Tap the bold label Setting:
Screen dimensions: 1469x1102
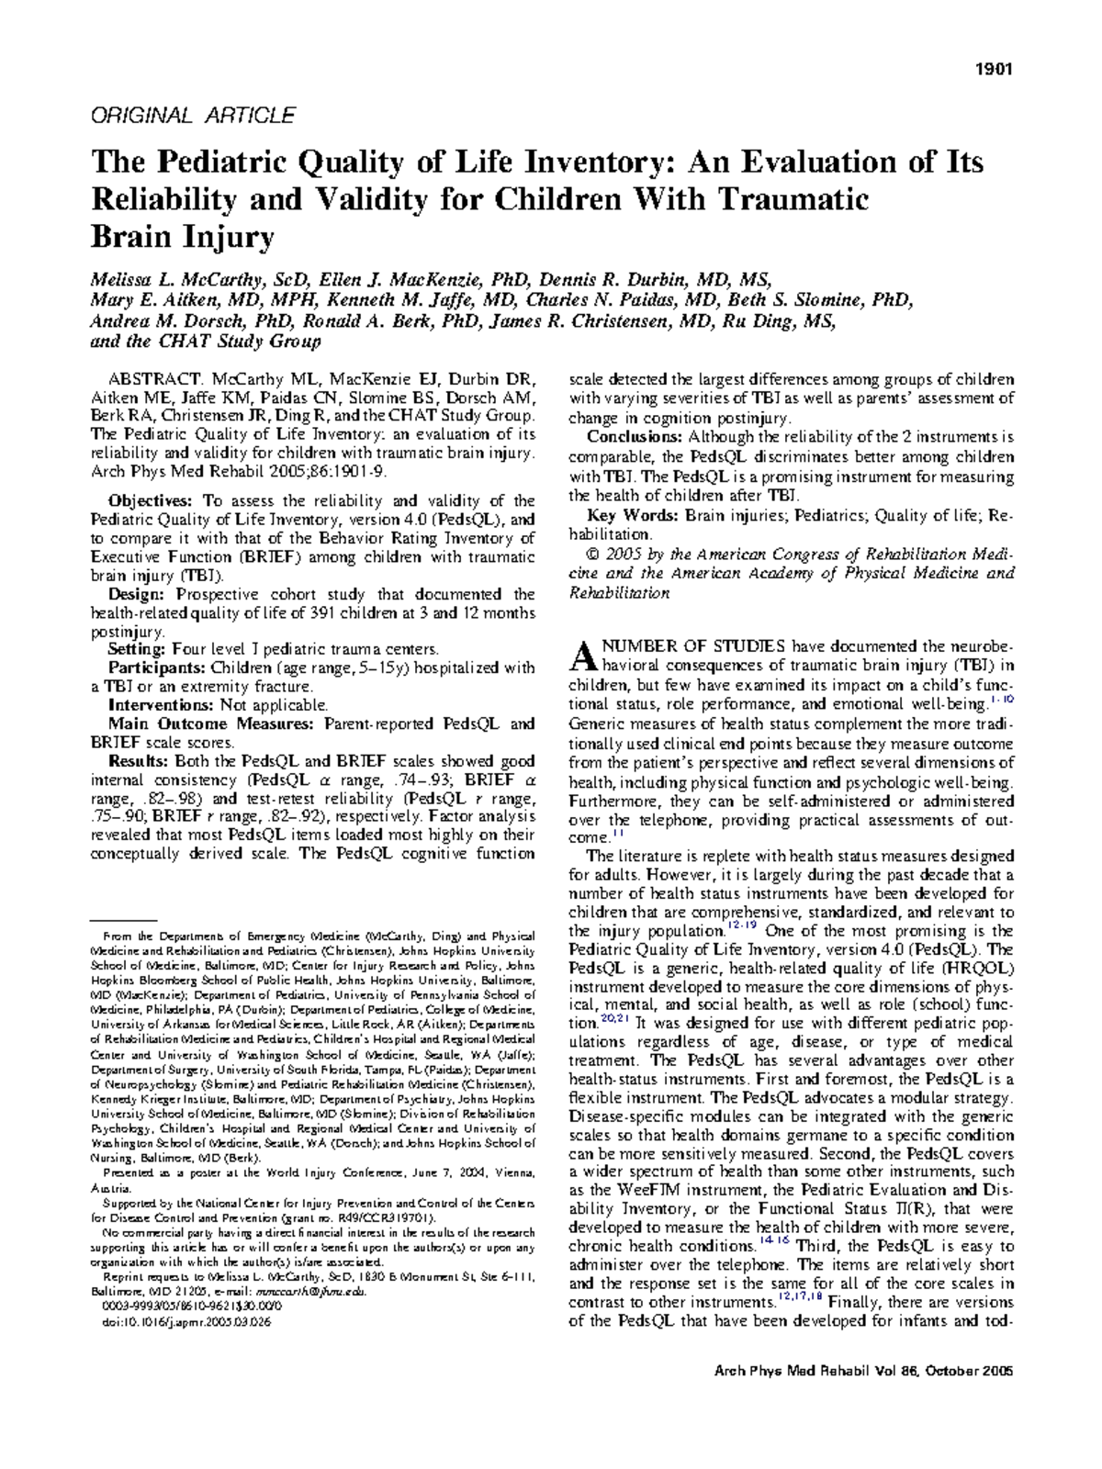click(x=138, y=650)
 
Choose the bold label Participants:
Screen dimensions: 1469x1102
click(x=157, y=668)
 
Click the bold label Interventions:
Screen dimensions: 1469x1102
click(x=161, y=705)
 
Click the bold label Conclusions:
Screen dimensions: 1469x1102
click(x=635, y=436)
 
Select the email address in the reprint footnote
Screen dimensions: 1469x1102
click(x=320, y=1291)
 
